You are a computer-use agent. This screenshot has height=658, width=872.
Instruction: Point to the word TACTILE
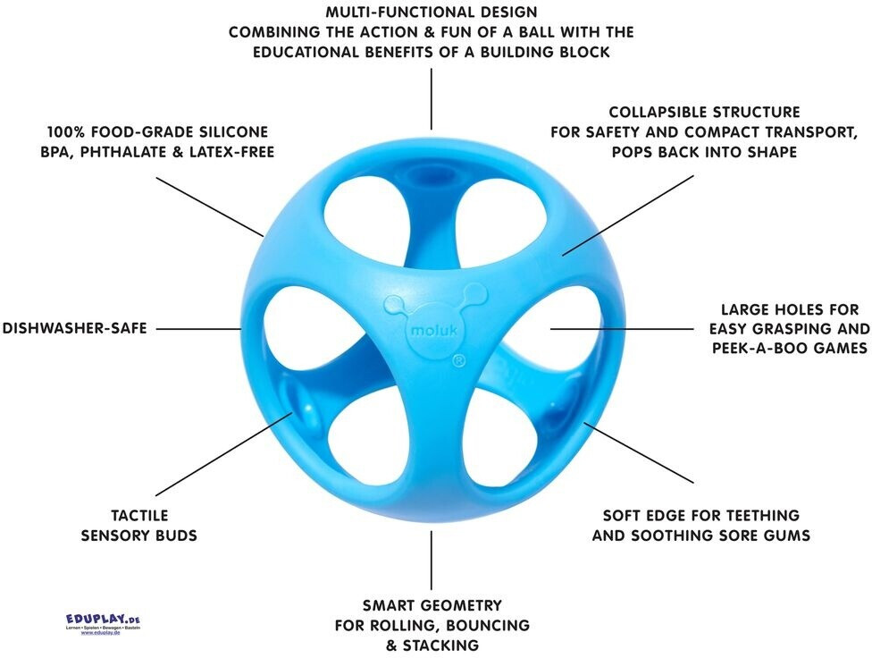tap(138, 516)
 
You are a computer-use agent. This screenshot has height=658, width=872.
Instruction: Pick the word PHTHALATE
tap(128, 152)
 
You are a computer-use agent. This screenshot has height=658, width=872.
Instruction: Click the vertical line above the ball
tap(432, 98)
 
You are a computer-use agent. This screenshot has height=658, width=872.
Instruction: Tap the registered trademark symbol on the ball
tap(457, 361)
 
